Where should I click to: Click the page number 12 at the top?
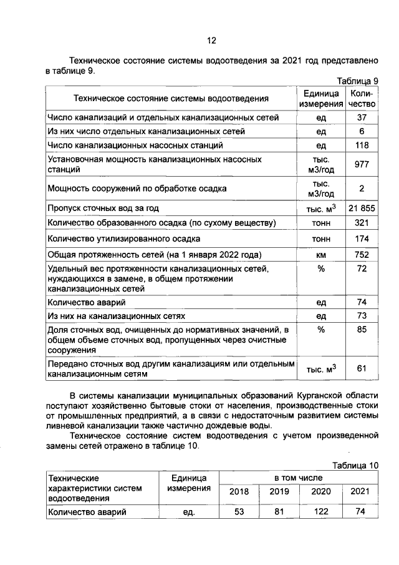pyautogui.click(x=211, y=41)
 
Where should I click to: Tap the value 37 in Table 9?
pyautogui.click(x=361, y=117)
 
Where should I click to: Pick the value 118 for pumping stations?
pyautogui.click(x=361, y=146)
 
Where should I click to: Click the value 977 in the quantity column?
pyautogui.click(x=362, y=165)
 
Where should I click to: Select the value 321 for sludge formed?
pyautogui.click(x=362, y=223)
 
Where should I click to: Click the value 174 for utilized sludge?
pyautogui.click(x=362, y=238)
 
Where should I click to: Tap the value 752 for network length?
pyautogui.click(x=362, y=254)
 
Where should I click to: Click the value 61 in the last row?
pyautogui.click(x=362, y=368)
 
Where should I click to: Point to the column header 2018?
pyautogui.click(x=239, y=491)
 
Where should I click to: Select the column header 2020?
pyautogui.click(x=320, y=491)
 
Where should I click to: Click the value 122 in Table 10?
pyautogui.click(x=320, y=512)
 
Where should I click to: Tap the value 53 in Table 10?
pyautogui.click(x=239, y=512)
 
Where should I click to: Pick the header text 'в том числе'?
pyautogui.click(x=299, y=477)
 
